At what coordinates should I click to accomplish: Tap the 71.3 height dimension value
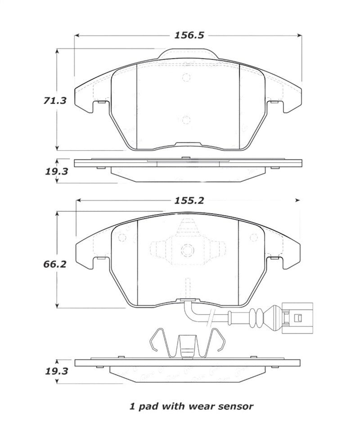click(55, 101)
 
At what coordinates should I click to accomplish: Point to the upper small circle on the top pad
click(187, 77)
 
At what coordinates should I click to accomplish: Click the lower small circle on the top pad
click(187, 120)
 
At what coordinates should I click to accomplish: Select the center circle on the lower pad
click(187, 251)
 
